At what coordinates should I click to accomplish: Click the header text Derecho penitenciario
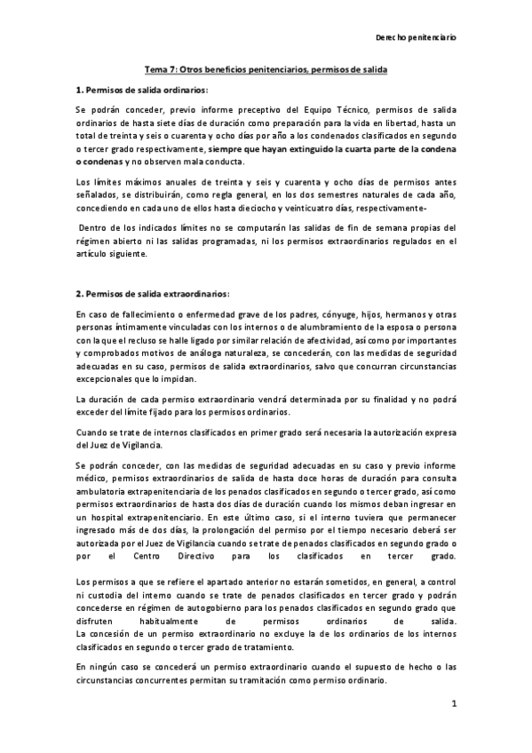[x=417, y=38]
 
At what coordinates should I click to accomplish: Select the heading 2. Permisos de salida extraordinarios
[x=153, y=293]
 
